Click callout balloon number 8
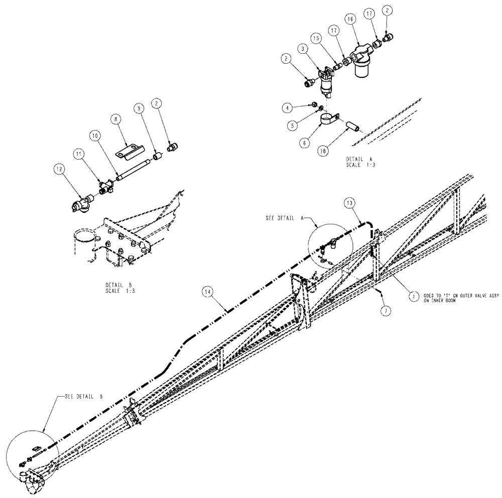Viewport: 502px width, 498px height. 117,119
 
